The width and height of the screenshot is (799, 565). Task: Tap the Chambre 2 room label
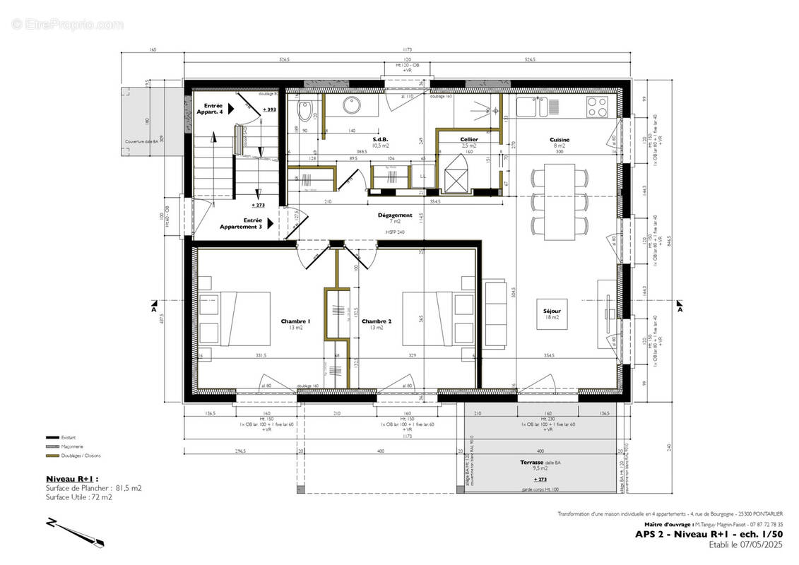377,321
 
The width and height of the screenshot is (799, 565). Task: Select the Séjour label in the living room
552,311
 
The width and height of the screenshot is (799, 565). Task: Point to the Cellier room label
469,139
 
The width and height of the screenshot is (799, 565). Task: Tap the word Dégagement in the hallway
395,215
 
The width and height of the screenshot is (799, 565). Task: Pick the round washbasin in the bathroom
351,106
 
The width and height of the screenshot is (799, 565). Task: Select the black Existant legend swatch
51,438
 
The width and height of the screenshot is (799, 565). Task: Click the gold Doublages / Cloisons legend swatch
51,456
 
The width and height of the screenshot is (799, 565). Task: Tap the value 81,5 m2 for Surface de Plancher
128,487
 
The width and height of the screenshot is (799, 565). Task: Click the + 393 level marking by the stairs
269,110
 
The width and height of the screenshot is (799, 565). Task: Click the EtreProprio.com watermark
67,24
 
